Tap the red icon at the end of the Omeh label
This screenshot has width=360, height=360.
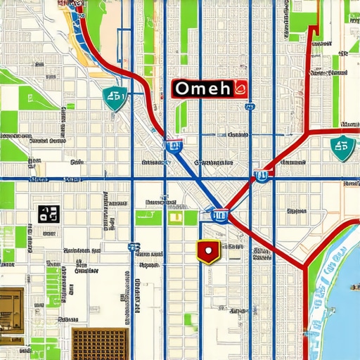(x=240, y=89)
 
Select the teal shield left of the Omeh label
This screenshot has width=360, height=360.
(x=114, y=99)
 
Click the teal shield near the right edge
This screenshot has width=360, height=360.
(x=342, y=148)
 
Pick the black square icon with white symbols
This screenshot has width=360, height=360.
(x=47, y=213)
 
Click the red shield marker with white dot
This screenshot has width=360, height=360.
(x=207, y=250)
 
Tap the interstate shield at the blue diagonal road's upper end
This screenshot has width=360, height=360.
(x=174, y=146)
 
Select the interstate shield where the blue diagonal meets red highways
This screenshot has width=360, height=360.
(x=219, y=214)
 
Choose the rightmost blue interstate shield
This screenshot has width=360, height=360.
(x=262, y=176)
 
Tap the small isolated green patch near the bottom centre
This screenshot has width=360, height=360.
(x=188, y=319)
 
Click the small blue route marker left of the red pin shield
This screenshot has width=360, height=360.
(x=133, y=247)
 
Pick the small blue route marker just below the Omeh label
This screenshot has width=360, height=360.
(x=249, y=108)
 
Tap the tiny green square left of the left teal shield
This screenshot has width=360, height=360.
(x=70, y=107)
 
